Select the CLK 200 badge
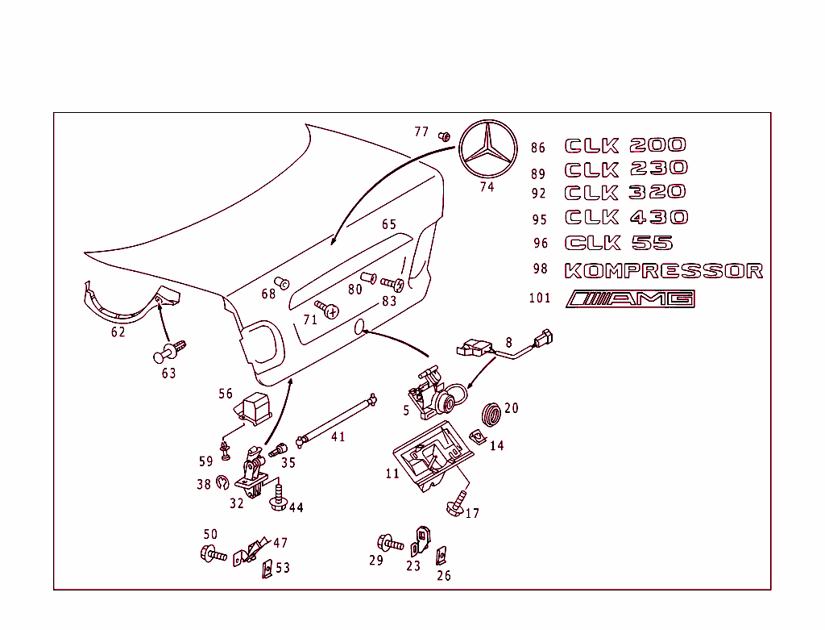coord(625,145)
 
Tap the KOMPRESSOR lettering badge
coord(664,271)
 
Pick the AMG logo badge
coord(630,298)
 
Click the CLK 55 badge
coord(619,243)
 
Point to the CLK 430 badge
coord(627,217)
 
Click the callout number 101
coord(540,298)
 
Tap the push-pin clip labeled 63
coord(170,352)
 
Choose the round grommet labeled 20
coord(491,412)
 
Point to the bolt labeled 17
coord(455,504)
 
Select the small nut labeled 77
coord(443,136)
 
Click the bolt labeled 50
coord(214,553)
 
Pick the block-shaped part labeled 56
coord(257,407)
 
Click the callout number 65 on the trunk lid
coord(389,225)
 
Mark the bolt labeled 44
coord(278,497)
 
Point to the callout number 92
coord(539,194)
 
